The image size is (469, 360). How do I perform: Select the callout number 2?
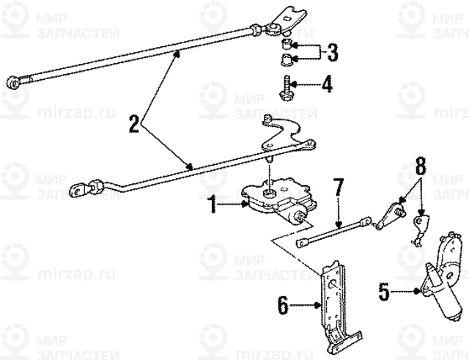pos(133,123)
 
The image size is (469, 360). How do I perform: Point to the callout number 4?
pos(327,85)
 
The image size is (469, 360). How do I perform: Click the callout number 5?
pos(383,292)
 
